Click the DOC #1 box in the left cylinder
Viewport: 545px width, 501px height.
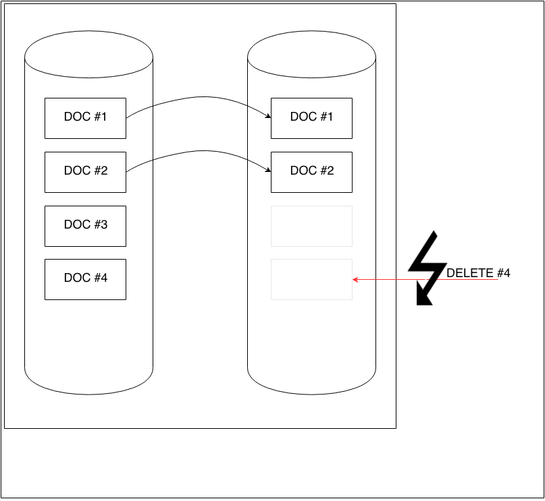click(x=85, y=118)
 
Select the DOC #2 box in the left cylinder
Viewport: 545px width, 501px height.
click(x=85, y=172)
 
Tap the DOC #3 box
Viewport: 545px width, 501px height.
click(x=85, y=226)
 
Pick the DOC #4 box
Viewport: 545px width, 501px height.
click(x=85, y=279)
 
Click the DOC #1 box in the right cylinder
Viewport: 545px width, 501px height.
click(x=311, y=118)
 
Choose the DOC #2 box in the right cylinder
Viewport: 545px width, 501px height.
click(x=311, y=172)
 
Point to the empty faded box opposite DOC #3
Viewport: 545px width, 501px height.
click(x=311, y=226)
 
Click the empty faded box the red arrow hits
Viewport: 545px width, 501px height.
click(x=311, y=279)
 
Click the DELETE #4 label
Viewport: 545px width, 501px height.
click(x=478, y=273)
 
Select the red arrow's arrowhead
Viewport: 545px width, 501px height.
click(x=355, y=278)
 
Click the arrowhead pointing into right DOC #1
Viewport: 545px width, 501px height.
click(x=268, y=117)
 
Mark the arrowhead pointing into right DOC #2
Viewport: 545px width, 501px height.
click(x=268, y=171)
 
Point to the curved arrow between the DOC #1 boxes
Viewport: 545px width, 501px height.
click(x=199, y=98)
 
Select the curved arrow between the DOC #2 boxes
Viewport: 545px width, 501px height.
click(x=199, y=152)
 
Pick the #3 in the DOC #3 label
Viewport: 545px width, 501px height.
click(x=101, y=225)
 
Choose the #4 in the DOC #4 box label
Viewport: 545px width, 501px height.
click(x=101, y=278)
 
